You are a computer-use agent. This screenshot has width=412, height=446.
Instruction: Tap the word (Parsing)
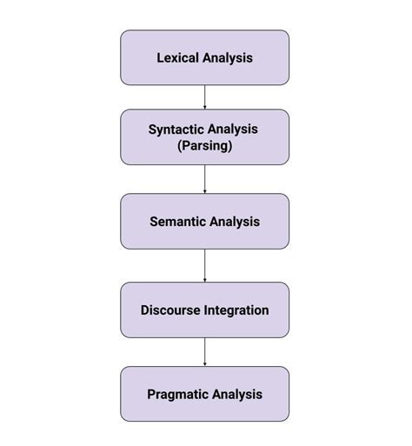tap(204, 146)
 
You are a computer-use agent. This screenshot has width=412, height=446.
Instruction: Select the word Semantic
tap(177, 222)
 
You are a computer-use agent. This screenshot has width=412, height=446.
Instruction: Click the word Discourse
tap(170, 310)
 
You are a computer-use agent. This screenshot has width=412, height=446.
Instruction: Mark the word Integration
tap(236, 310)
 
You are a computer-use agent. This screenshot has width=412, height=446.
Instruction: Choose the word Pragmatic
tap(178, 394)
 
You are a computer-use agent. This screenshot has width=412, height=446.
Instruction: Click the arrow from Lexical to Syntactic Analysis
tap(204, 97)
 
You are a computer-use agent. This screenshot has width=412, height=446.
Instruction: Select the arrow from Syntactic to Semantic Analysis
tap(204, 179)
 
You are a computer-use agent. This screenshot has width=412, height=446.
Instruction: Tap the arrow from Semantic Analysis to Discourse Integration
tap(204, 265)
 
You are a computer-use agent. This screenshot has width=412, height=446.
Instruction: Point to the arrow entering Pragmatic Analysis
tap(204, 351)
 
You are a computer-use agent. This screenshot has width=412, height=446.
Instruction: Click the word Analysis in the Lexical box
tap(228, 58)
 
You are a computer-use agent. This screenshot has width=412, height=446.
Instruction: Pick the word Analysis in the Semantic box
tap(234, 222)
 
